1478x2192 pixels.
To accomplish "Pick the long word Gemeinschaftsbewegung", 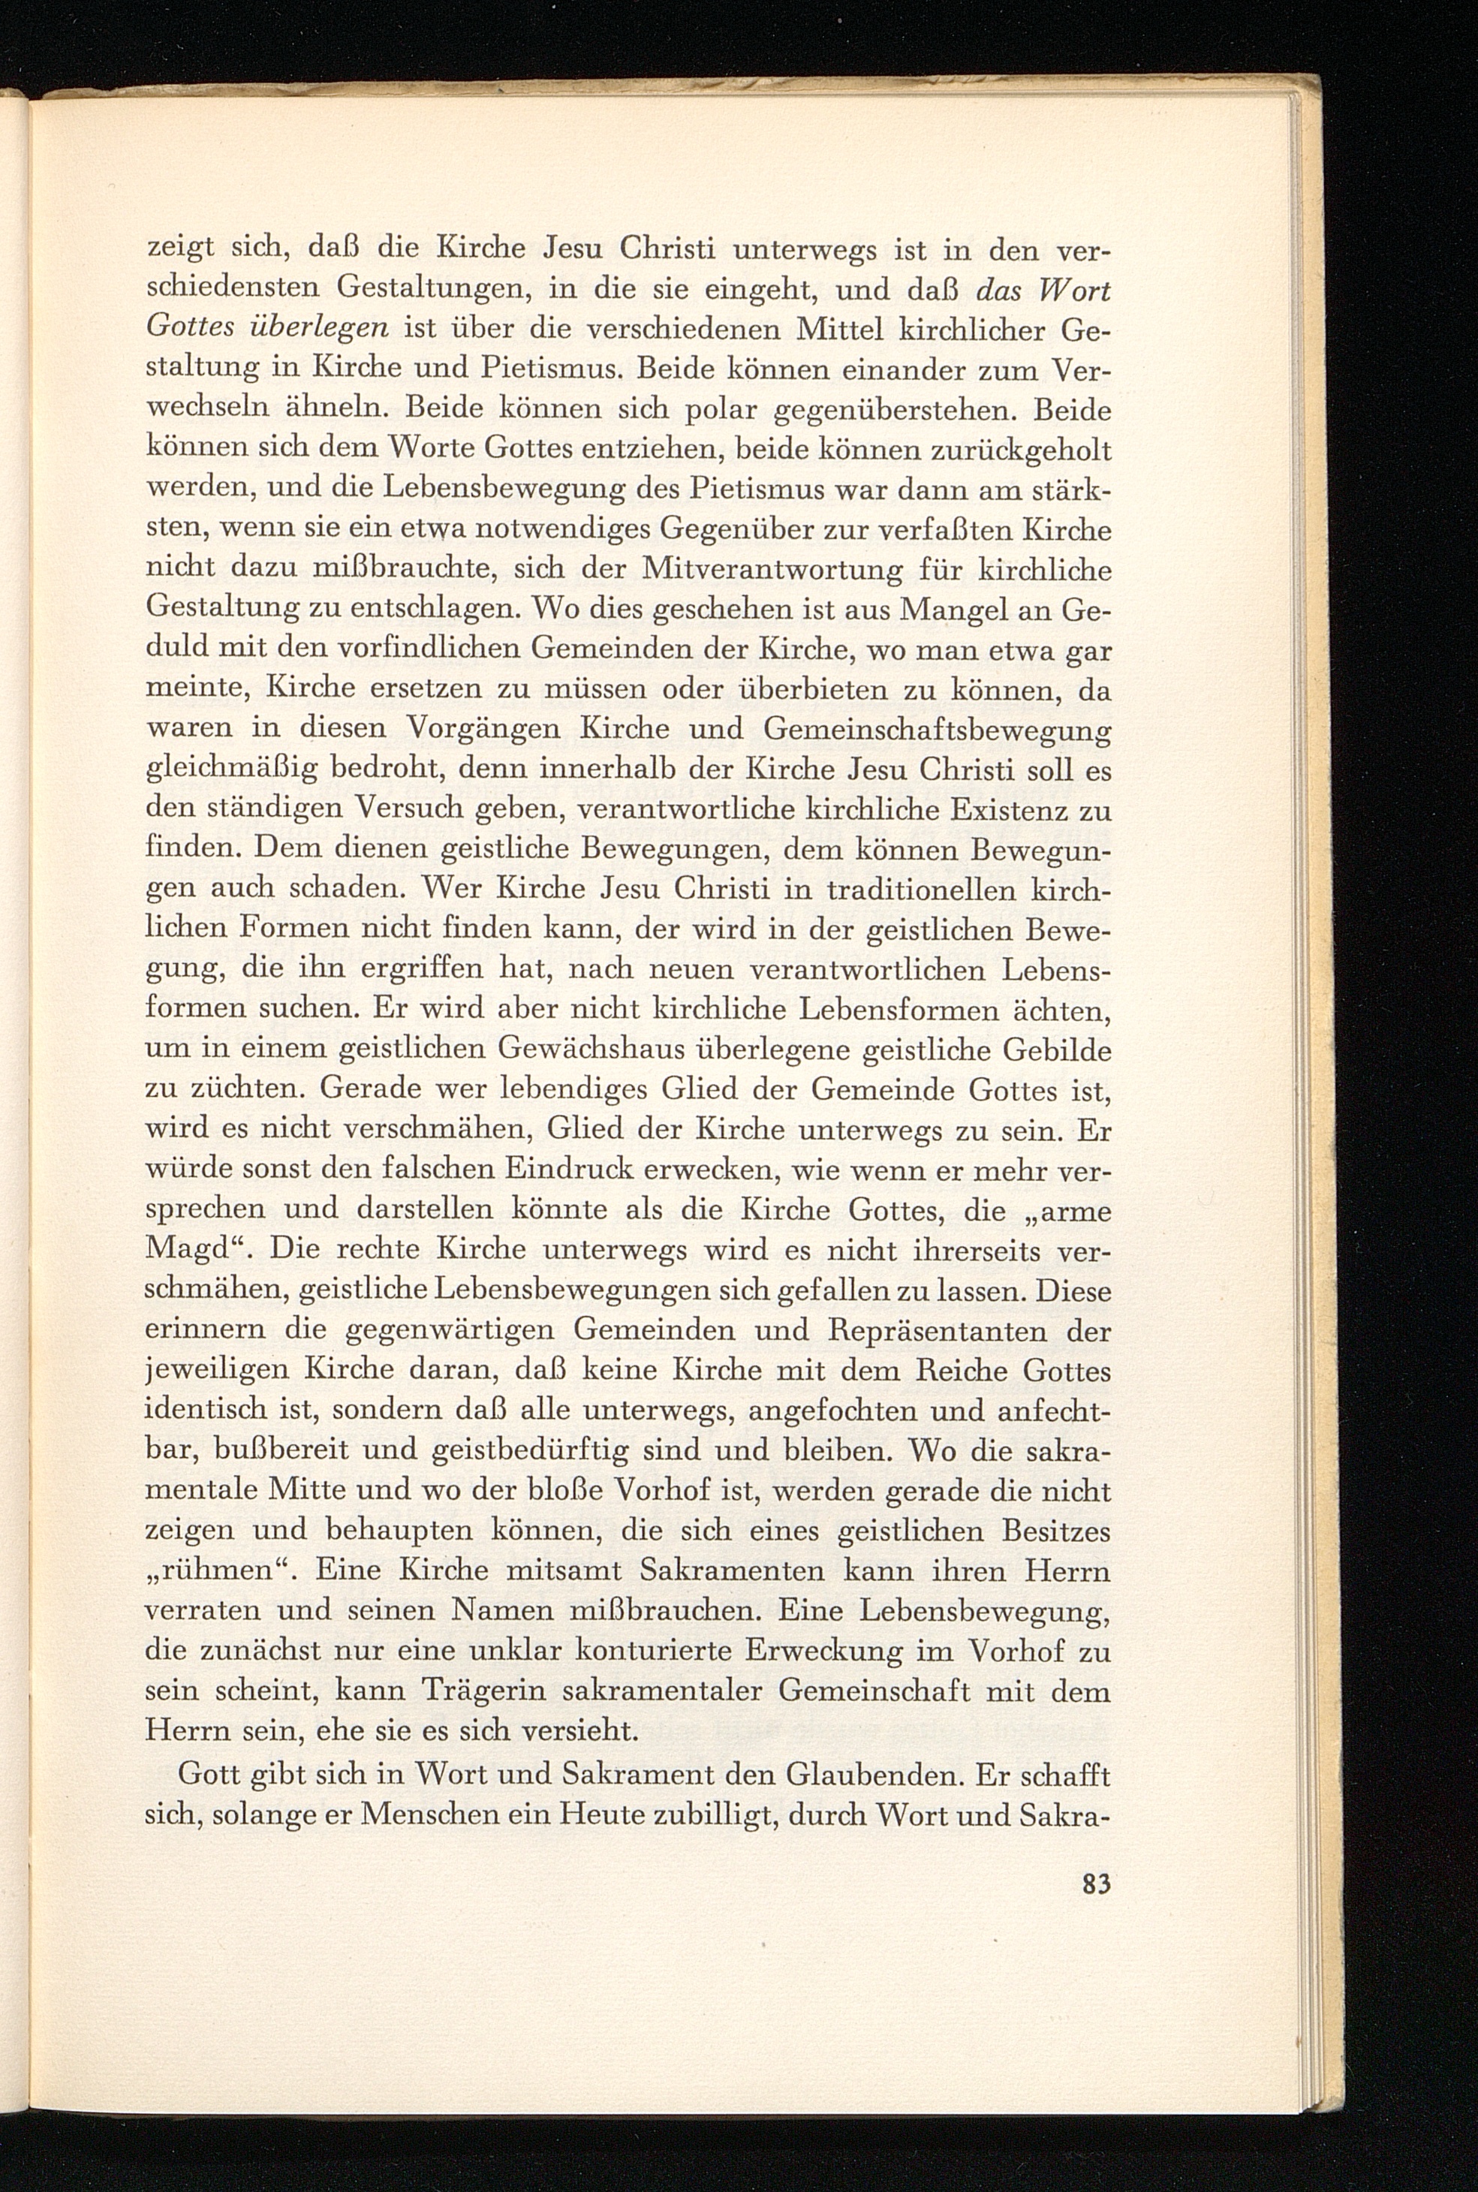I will point(936,730).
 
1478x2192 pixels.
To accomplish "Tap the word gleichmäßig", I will point(230,771).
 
